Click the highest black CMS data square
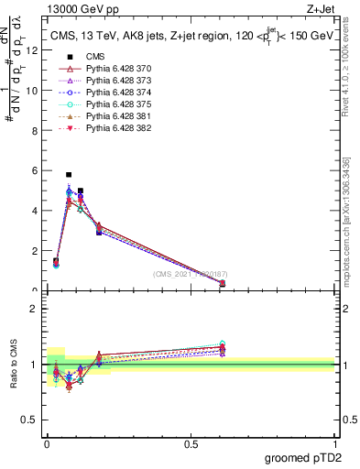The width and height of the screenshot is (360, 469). tap(69, 174)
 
